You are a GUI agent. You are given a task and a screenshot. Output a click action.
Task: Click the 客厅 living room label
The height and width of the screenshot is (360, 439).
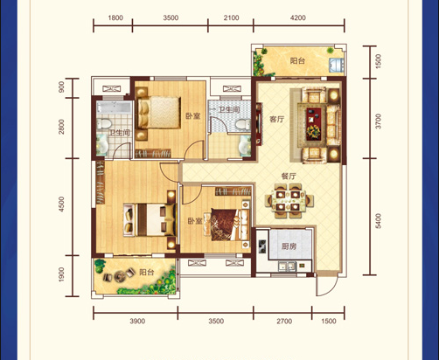(x=276, y=120)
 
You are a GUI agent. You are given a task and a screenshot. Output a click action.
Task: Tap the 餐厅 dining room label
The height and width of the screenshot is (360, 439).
(x=289, y=177)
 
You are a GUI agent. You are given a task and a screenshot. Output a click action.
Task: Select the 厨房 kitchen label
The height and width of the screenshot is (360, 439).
(x=289, y=246)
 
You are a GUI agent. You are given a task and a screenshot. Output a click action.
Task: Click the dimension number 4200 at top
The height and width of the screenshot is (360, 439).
(x=298, y=17)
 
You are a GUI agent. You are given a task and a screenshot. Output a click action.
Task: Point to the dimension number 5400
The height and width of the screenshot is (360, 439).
(x=378, y=221)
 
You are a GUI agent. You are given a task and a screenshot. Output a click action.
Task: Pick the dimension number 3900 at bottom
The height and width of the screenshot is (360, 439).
(x=137, y=321)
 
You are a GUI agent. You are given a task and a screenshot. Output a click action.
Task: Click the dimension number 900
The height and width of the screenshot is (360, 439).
(x=61, y=87)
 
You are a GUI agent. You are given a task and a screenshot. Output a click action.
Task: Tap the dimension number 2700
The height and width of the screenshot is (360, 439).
(x=284, y=321)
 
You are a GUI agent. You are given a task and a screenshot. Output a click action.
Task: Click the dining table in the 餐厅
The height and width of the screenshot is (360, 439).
(x=288, y=200)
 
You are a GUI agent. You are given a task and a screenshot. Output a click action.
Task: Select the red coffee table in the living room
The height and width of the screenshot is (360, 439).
(x=313, y=123)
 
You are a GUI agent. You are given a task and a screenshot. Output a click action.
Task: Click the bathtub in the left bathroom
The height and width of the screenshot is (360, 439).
(x=115, y=107)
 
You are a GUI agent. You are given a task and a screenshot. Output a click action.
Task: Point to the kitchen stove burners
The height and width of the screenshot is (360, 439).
(x=262, y=246)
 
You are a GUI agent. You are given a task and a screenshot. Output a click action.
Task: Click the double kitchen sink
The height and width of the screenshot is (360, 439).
(x=287, y=266)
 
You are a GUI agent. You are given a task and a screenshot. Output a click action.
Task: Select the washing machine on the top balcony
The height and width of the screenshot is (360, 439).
(x=337, y=65)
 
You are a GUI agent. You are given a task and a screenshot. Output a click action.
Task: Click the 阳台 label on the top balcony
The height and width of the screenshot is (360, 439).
(x=297, y=60)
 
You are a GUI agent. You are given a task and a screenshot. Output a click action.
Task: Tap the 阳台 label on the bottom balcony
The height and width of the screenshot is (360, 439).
(x=146, y=273)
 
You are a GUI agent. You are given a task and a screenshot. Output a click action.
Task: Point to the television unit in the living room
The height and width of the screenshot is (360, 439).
(x=259, y=123)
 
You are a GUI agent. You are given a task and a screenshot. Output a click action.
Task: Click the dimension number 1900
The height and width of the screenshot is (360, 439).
(x=61, y=274)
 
